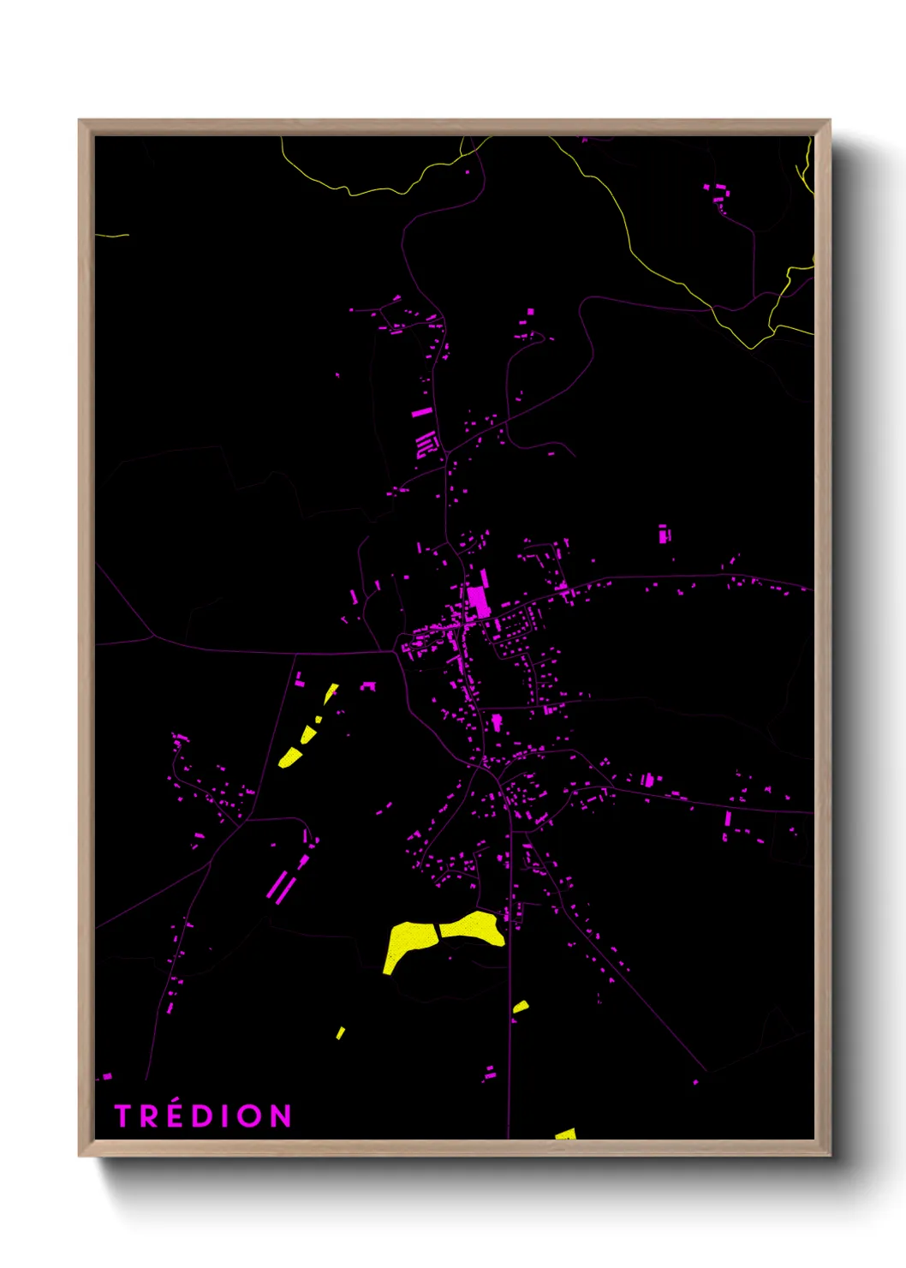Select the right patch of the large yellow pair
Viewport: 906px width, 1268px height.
(x=473, y=929)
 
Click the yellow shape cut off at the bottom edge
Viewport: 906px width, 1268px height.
(x=566, y=1134)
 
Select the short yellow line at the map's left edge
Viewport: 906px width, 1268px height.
(x=111, y=235)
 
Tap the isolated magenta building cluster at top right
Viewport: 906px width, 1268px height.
(x=718, y=193)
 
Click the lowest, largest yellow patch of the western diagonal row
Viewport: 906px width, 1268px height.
(x=290, y=757)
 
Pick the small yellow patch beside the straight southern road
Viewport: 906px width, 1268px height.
(x=521, y=1007)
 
